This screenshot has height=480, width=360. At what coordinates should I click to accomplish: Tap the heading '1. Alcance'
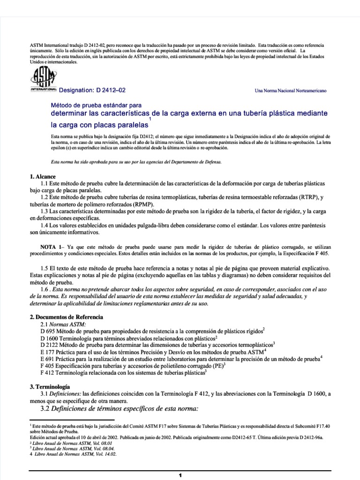tap(43, 176)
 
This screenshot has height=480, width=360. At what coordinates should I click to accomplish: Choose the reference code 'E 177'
tap(49, 352)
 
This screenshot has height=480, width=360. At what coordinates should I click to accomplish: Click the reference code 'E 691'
tap(49, 359)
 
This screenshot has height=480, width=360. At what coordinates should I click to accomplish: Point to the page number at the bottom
tap(180, 475)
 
